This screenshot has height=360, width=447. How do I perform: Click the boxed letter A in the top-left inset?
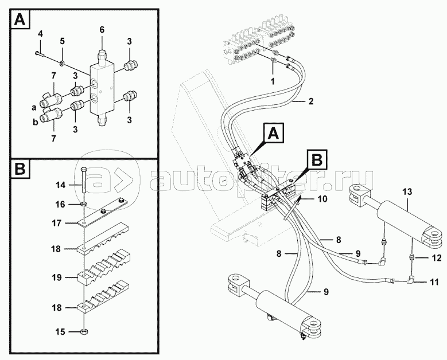click(20, 21)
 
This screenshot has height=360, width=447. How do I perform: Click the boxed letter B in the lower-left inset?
click(20, 170)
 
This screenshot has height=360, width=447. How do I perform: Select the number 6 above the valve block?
click(102, 29)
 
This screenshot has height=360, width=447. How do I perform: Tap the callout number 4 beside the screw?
click(40, 35)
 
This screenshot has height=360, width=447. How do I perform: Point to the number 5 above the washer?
click(63, 41)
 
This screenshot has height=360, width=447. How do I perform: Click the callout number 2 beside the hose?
click(310, 102)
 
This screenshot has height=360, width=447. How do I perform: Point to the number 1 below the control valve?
click(273, 81)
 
